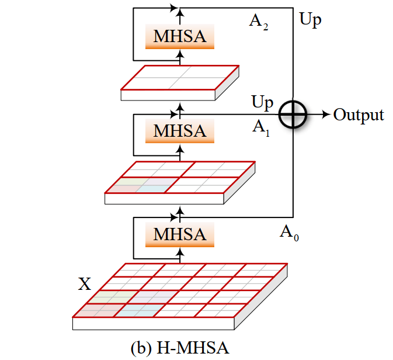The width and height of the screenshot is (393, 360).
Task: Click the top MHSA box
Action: pyautogui.click(x=180, y=36)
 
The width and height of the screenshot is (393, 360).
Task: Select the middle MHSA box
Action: pyautogui.click(x=180, y=131)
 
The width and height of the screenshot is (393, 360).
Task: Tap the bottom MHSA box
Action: pyautogui.click(x=180, y=234)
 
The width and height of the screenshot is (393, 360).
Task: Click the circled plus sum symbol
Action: pyautogui.click(x=293, y=115)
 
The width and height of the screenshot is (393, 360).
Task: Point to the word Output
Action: pyautogui.click(x=359, y=115)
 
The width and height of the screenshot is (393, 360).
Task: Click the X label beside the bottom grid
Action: pyautogui.click(x=85, y=285)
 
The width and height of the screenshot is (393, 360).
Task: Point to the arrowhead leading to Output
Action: pyautogui.click(x=325, y=115)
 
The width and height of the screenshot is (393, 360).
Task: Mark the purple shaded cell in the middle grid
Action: pyautogui.click(x=153, y=186)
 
